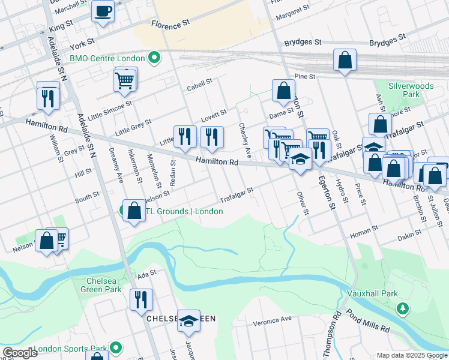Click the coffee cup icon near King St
click(x=103, y=11)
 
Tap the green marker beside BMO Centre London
click(x=154, y=58)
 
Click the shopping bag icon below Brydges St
click(x=345, y=60)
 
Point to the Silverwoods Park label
click(x=402, y=91)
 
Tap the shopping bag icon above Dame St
click(x=283, y=91)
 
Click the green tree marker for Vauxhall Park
click(x=403, y=308)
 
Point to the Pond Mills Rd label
click(x=367, y=322)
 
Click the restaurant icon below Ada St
click(x=141, y=299)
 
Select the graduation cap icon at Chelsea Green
click(x=188, y=321)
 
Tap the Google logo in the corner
click(x=20, y=353)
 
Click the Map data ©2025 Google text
click(x=411, y=355)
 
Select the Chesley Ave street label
click(x=245, y=136)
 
